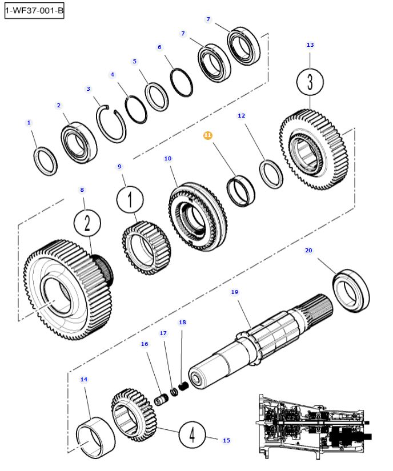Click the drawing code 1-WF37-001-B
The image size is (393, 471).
pyautogui.click(x=34, y=11)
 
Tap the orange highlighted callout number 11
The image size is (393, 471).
pyautogui.click(x=208, y=135)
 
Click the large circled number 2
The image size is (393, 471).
pyautogui.click(x=87, y=223)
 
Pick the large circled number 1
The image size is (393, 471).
pyautogui.click(x=130, y=200)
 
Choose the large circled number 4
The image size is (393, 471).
pyautogui.click(x=192, y=436)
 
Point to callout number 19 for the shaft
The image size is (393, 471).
pyautogui.click(x=234, y=292)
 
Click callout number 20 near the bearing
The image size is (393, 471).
pyautogui.click(x=308, y=251)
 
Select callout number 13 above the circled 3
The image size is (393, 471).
pyautogui.click(x=310, y=45)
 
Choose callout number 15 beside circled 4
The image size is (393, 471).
pyautogui.click(x=226, y=440)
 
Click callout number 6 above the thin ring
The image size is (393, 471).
pyautogui.click(x=159, y=47)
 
